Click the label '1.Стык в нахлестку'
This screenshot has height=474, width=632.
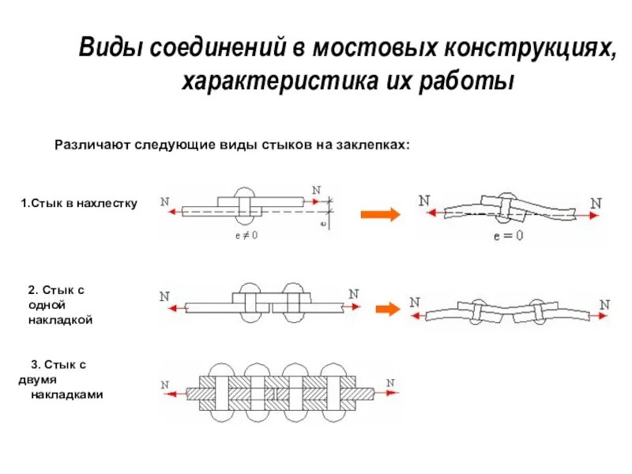[79, 203]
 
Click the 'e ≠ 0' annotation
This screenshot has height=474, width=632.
[246, 235]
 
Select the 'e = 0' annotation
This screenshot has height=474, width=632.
[508, 235]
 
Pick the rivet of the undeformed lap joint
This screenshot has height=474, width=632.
[246, 205]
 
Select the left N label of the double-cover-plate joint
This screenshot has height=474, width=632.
[166, 385]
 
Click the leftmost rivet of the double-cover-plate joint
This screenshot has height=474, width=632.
[220, 393]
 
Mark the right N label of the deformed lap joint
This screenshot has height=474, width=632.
[596, 202]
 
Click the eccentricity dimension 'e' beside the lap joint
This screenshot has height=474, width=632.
[325, 223]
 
